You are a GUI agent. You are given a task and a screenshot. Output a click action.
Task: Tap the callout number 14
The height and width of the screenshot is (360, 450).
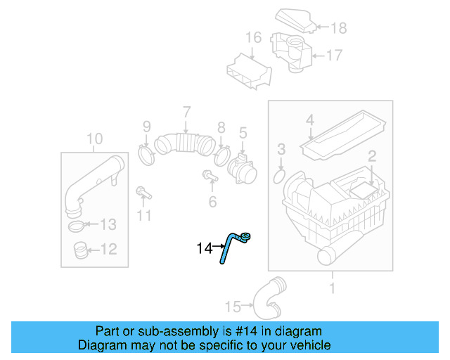(204, 248)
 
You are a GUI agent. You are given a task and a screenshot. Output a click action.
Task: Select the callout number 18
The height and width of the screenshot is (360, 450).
(339, 28)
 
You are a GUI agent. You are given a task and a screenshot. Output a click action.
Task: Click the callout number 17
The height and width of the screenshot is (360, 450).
(334, 54)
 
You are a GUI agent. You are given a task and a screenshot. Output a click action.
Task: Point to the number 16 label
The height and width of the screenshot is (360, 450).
(253, 37)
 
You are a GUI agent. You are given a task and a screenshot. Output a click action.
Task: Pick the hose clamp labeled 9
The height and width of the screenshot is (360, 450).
(147, 153)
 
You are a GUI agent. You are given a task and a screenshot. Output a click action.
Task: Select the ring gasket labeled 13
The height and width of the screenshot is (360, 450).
(78, 226)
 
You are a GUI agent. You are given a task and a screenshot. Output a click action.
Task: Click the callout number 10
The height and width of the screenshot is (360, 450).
(94, 138)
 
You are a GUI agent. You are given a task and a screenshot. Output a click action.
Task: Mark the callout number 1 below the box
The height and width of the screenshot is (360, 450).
(333, 288)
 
